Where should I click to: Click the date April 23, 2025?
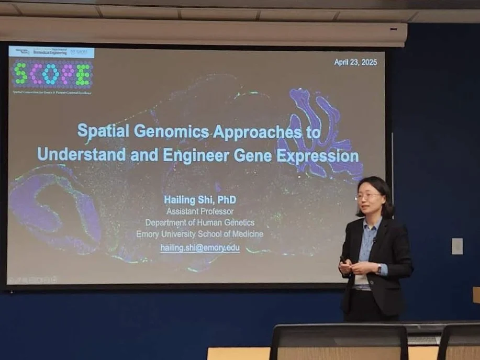[x=355, y=62]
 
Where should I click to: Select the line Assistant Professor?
[x=199, y=211]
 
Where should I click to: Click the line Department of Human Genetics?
[x=200, y=222]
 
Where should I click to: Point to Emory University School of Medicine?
[x=199, y=234]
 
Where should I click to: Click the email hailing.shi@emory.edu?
[x=199, y=247]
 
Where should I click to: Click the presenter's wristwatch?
[x=378, y=269]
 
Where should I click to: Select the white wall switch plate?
[x=457, y=246]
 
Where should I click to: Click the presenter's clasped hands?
[x=356, y=267]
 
